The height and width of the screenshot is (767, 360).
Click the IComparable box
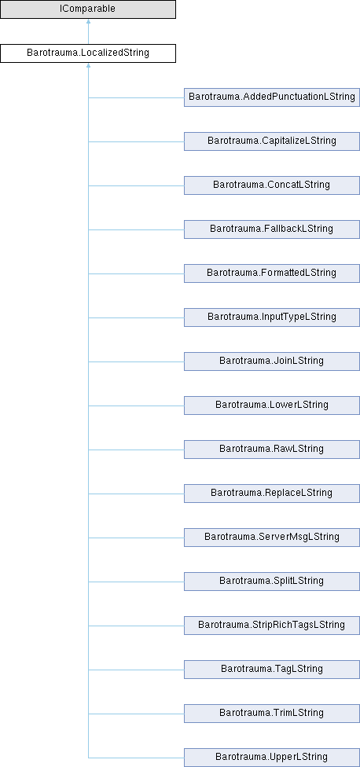(88, 9)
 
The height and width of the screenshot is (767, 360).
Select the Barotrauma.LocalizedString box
(88, 53)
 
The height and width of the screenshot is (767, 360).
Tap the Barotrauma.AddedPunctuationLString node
(272, 97)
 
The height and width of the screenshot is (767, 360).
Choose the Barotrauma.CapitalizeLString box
(272, 141)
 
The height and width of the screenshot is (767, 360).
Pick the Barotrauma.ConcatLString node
(272, 185)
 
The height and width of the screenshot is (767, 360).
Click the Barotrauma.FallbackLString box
(272, 229)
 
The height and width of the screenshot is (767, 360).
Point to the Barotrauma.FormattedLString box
(272, 273)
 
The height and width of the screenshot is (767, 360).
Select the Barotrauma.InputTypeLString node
(272, 317)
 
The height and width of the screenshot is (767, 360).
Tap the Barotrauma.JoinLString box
(272, 361)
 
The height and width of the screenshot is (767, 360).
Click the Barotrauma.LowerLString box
(272, 406)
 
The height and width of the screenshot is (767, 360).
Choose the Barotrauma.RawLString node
(272, 450)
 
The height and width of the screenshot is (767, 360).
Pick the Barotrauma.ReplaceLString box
(272, 494)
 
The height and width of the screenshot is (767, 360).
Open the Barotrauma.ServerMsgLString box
(272, 538)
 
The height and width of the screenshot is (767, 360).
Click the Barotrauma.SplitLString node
(272, 582)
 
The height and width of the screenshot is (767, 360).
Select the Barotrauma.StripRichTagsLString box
(272, 626)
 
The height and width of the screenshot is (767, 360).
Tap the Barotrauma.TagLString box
(272, 670)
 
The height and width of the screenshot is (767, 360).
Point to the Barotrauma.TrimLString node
(272, 714)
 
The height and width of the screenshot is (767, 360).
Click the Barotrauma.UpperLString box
(272, 758)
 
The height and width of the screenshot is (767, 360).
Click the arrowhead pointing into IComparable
(88, 21)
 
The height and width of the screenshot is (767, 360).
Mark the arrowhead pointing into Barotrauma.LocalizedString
(88, 65)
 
